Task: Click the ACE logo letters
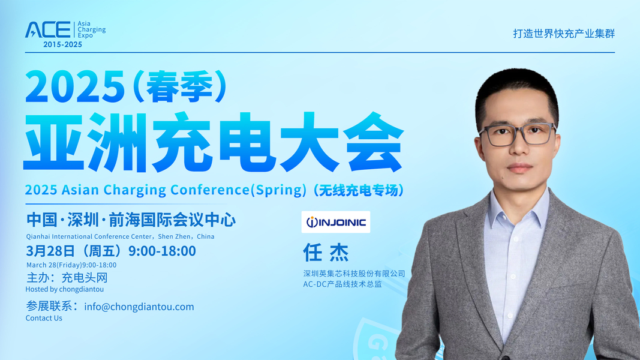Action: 48,30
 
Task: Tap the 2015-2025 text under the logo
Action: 62,44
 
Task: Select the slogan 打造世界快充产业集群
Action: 564,34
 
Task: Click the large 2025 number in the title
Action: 75,86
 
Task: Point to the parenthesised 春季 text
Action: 180,86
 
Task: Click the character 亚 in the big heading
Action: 55,142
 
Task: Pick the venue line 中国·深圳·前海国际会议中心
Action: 131,220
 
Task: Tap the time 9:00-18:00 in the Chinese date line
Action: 162,251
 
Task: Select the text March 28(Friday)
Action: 54,265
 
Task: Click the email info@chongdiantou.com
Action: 139,307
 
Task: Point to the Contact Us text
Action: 44,318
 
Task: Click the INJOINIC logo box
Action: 335,222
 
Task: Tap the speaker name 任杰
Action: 326,253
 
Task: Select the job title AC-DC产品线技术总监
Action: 342,284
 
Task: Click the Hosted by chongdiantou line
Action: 65,289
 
